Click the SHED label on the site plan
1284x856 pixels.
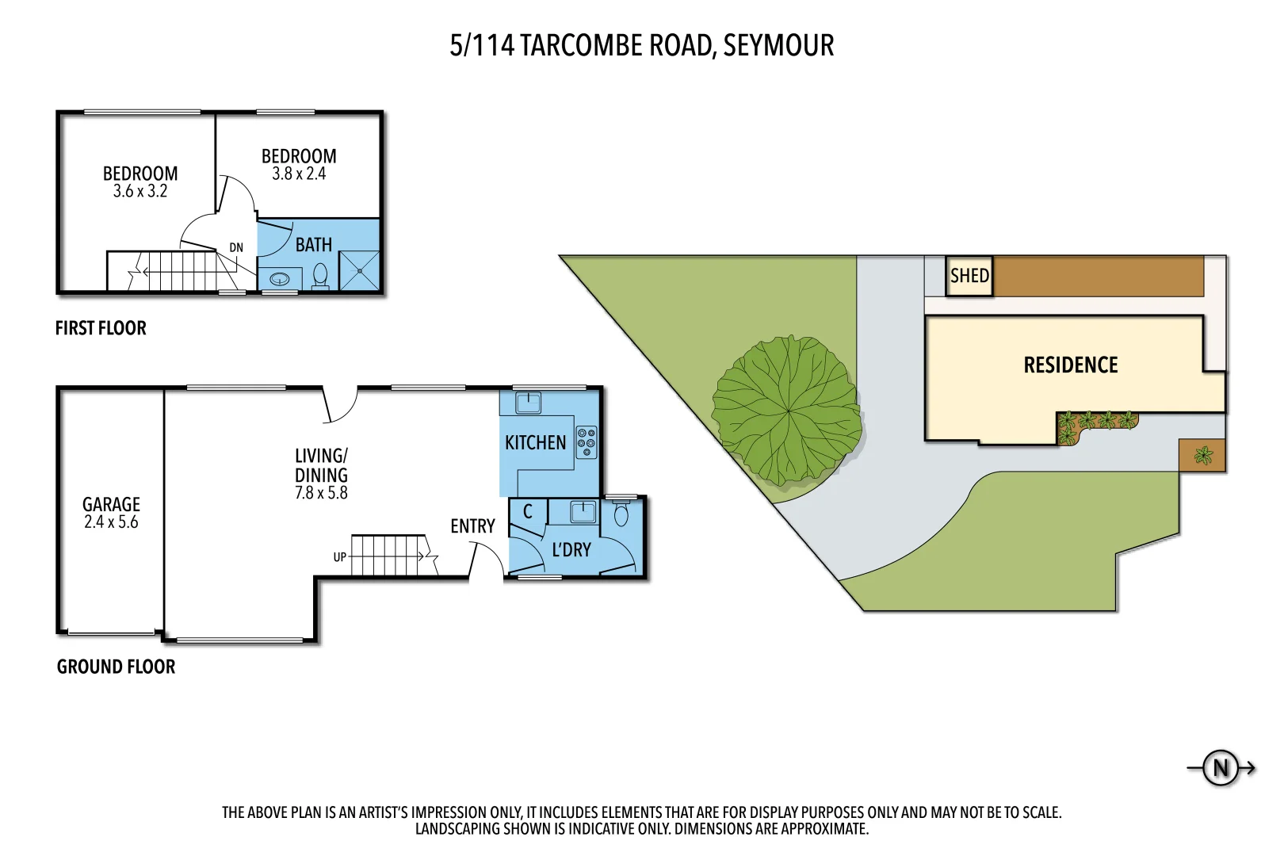click(x=969, y=276)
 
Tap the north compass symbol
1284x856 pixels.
click(x=1221, y=767)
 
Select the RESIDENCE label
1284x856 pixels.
click(x=1070, y=365)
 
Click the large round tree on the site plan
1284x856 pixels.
click(x=786, y=411)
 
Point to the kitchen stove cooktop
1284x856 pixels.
click(x=587, y=443)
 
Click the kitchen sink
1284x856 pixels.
click(x=528, y=403)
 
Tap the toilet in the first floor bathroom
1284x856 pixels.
click(x=320, y=276)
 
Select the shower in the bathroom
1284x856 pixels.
click(x=360, y=270)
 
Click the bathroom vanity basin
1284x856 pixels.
click(x=280, y=279)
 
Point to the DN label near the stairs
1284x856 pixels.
click(x=236, y=248)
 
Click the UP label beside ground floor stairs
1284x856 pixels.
click(x=340, y=557)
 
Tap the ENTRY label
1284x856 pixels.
click(x=472, y=526)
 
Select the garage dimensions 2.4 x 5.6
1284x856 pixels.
click(x=111, y=522)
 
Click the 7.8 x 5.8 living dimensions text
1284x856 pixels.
click(x=321, y=493)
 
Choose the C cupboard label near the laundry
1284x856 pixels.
click(x=528, y=512)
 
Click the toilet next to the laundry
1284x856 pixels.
click(x=621, y=514)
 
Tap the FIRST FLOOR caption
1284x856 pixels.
click(x=101, y=328)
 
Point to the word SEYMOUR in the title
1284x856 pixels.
click(x=778, y=45)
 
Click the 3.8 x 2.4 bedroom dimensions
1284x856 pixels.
click(x=299, y=174)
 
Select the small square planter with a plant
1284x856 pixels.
click(x=1202, y=456)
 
